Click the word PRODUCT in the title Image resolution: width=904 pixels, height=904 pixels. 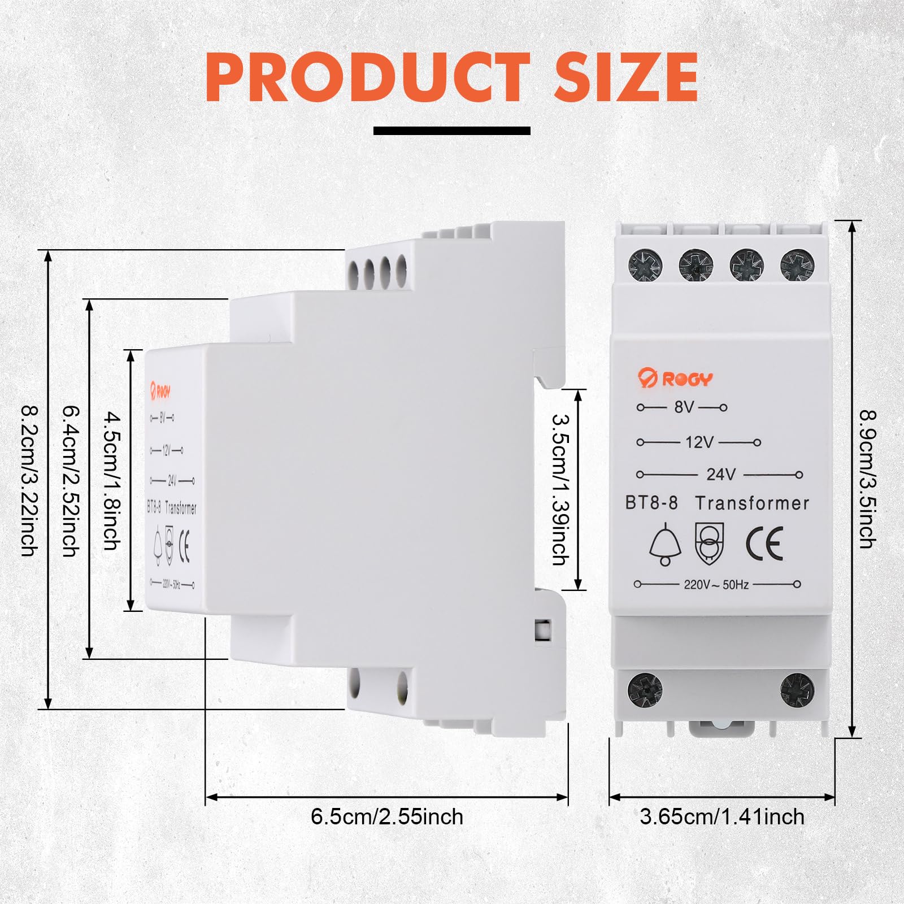click(368, 77)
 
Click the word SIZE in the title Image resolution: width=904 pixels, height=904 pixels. click(627, 77)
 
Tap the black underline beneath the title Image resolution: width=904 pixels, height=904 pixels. click(452, 131)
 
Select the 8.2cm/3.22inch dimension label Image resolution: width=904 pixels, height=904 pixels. click(29, 480)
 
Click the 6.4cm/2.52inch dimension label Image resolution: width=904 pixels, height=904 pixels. click(71, 480)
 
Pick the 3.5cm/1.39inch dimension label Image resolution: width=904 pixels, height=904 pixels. click(560, 490)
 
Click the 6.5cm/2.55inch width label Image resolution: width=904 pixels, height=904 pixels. click(387, 816)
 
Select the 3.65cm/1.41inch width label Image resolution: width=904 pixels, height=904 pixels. click(722, 816)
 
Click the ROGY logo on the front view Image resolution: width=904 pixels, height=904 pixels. click(675, 378)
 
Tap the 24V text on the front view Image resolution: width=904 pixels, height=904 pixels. click(721, 474)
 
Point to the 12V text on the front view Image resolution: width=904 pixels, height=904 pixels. click(700, 442)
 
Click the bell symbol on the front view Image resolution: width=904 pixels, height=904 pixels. click(665, 544)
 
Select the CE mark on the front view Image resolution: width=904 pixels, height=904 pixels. click(764, 543)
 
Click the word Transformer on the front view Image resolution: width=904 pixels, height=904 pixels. click(752, 503)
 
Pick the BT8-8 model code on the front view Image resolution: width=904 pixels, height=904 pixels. click(651, 503)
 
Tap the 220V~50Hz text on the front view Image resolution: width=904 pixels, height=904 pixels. click(716, 584)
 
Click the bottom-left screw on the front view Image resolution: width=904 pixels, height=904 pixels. click(645, 690)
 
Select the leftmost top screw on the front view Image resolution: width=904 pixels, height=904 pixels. click(645, 265)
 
